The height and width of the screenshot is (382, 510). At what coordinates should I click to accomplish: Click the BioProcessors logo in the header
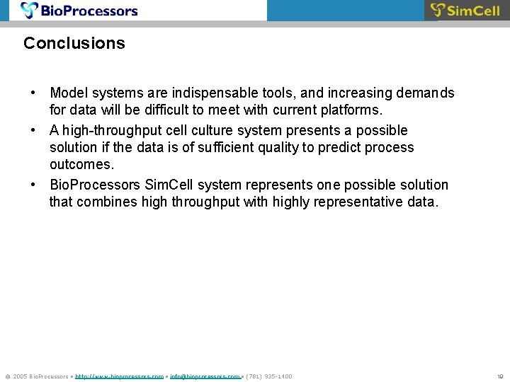pyautogui.click(x=79, y=10)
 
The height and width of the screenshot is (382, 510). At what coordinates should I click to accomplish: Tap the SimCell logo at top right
pyautogui.click(x=465, y=10)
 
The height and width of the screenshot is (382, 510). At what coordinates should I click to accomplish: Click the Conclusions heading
pyautogui.click(x=74, y=43)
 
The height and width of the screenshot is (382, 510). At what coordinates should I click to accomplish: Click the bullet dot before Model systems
pyautogui.click(x=33, y=93)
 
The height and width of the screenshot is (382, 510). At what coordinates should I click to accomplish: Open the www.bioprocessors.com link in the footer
pyautogui.click(x=120, y=376)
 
